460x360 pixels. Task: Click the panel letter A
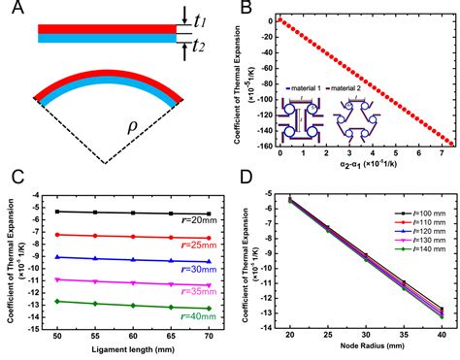[12, 12]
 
